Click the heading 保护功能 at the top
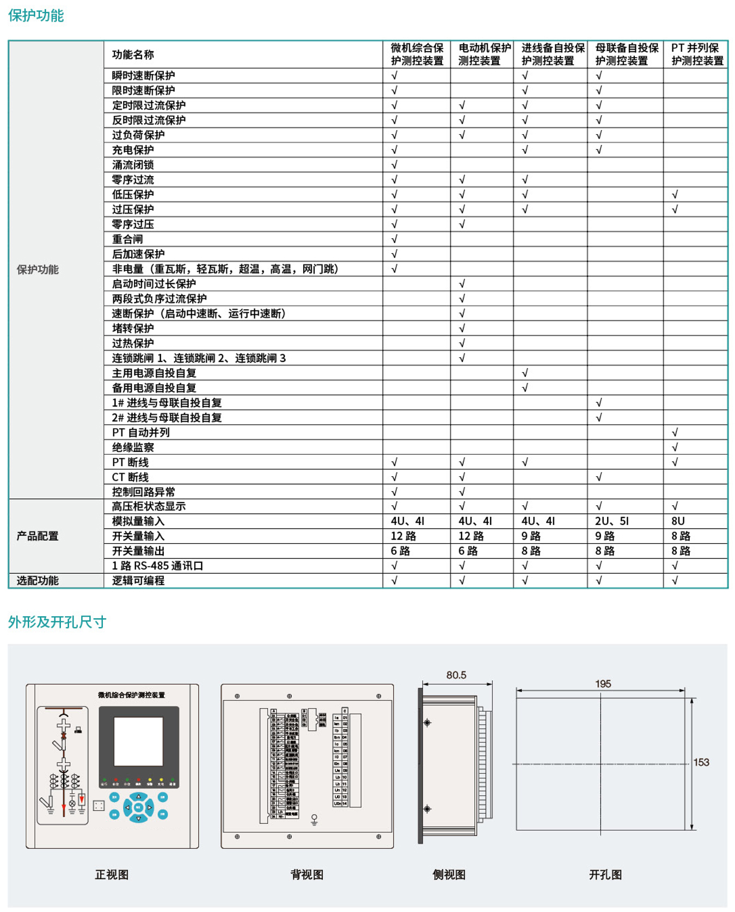pyautogui.click(x=36, y=16)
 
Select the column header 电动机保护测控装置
pyautogui.click(x=484, y=54)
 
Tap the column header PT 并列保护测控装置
pyautogui.click(x=697, y=54)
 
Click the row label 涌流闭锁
pyautogui.click(x=133, y=165)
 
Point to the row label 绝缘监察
pyautogui.click(x=133, y=448)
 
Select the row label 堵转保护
pyautogui.click(x=133, y=328)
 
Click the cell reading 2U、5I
pyautogui.click(x=611, y=522)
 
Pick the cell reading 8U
pyautogui.click(x=678, y=522)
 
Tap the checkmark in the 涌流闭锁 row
pyautogui.click(x=394, y=165)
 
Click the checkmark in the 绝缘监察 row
pyautogui.click(x=675, y=448)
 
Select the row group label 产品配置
pyautogui.click(x=38, y=536)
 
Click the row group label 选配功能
pyautogui.click(x=38, y=581)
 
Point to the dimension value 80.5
pyautogui.click(x=456, y=675)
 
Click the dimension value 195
pyautogui.click(x=603, y=684)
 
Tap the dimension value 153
pyautogui.click(x=701, y=762)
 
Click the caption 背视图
pyautogui.click(x=307, y=874)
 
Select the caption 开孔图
pyautogui.click(x=605, y=874)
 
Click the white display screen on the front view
pyautogui.click(x=138, y=741)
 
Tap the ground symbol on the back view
pyautogui.click(x=314, y=819)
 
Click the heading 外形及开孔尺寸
pyautogui.click(x=57, y=622)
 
